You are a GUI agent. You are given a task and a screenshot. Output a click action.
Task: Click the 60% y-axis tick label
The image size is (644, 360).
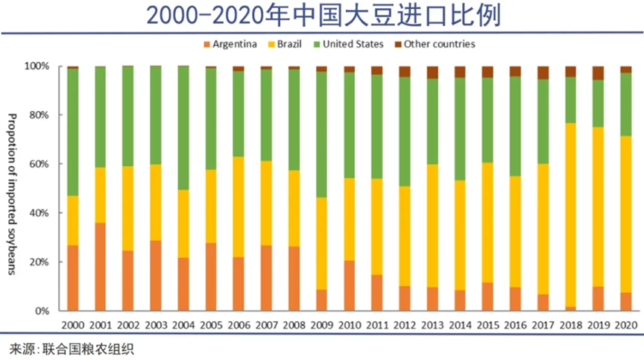pos(39,164)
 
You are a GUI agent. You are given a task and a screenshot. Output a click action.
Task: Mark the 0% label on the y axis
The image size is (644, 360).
pos(42,311)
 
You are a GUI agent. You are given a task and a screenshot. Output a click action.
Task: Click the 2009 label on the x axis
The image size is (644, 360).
pos(321,325)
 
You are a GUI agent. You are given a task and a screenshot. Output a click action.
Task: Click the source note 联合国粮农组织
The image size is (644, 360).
pos(72,349)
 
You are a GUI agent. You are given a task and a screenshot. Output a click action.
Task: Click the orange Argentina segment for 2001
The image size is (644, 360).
pos(100,266)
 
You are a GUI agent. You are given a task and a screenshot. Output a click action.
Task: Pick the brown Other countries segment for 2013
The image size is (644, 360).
pos(432,72)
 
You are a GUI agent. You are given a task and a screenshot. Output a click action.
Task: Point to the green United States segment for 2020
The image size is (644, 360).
pos(625,104)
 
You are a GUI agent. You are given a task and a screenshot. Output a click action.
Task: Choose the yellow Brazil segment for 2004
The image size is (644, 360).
pos(183,224)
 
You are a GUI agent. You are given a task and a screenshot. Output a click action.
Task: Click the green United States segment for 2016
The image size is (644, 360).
pos(515,126)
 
